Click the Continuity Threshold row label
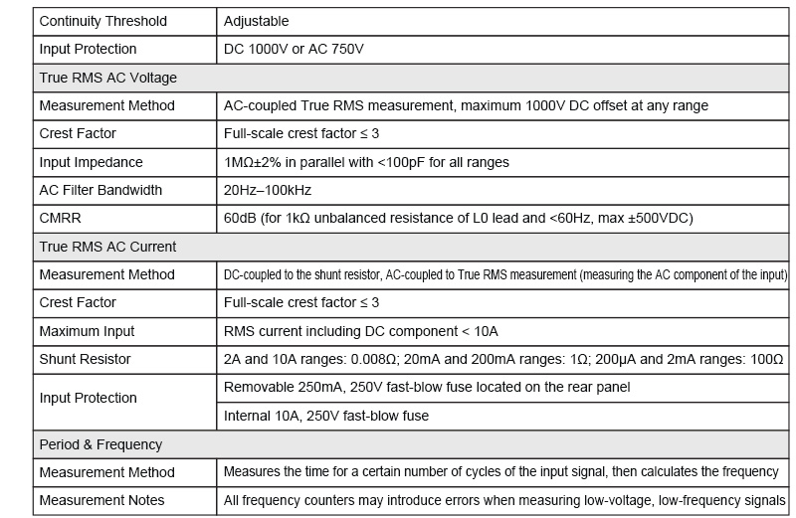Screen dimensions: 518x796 102,21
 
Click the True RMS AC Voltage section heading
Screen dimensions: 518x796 107,77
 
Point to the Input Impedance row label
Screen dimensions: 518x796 91,162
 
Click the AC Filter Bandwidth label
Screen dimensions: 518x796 99,190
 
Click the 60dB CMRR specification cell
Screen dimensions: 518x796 458,218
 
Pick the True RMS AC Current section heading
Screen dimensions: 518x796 107,246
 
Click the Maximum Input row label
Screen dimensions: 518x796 87,330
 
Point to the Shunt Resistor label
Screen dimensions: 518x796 85,358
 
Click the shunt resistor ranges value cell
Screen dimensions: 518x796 502,358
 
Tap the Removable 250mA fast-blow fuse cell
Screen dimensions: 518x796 427,387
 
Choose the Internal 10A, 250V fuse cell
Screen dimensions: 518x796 326,416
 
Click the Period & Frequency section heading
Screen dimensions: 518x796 100,443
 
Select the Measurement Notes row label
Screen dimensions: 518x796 101,500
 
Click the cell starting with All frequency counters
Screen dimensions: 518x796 504,500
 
